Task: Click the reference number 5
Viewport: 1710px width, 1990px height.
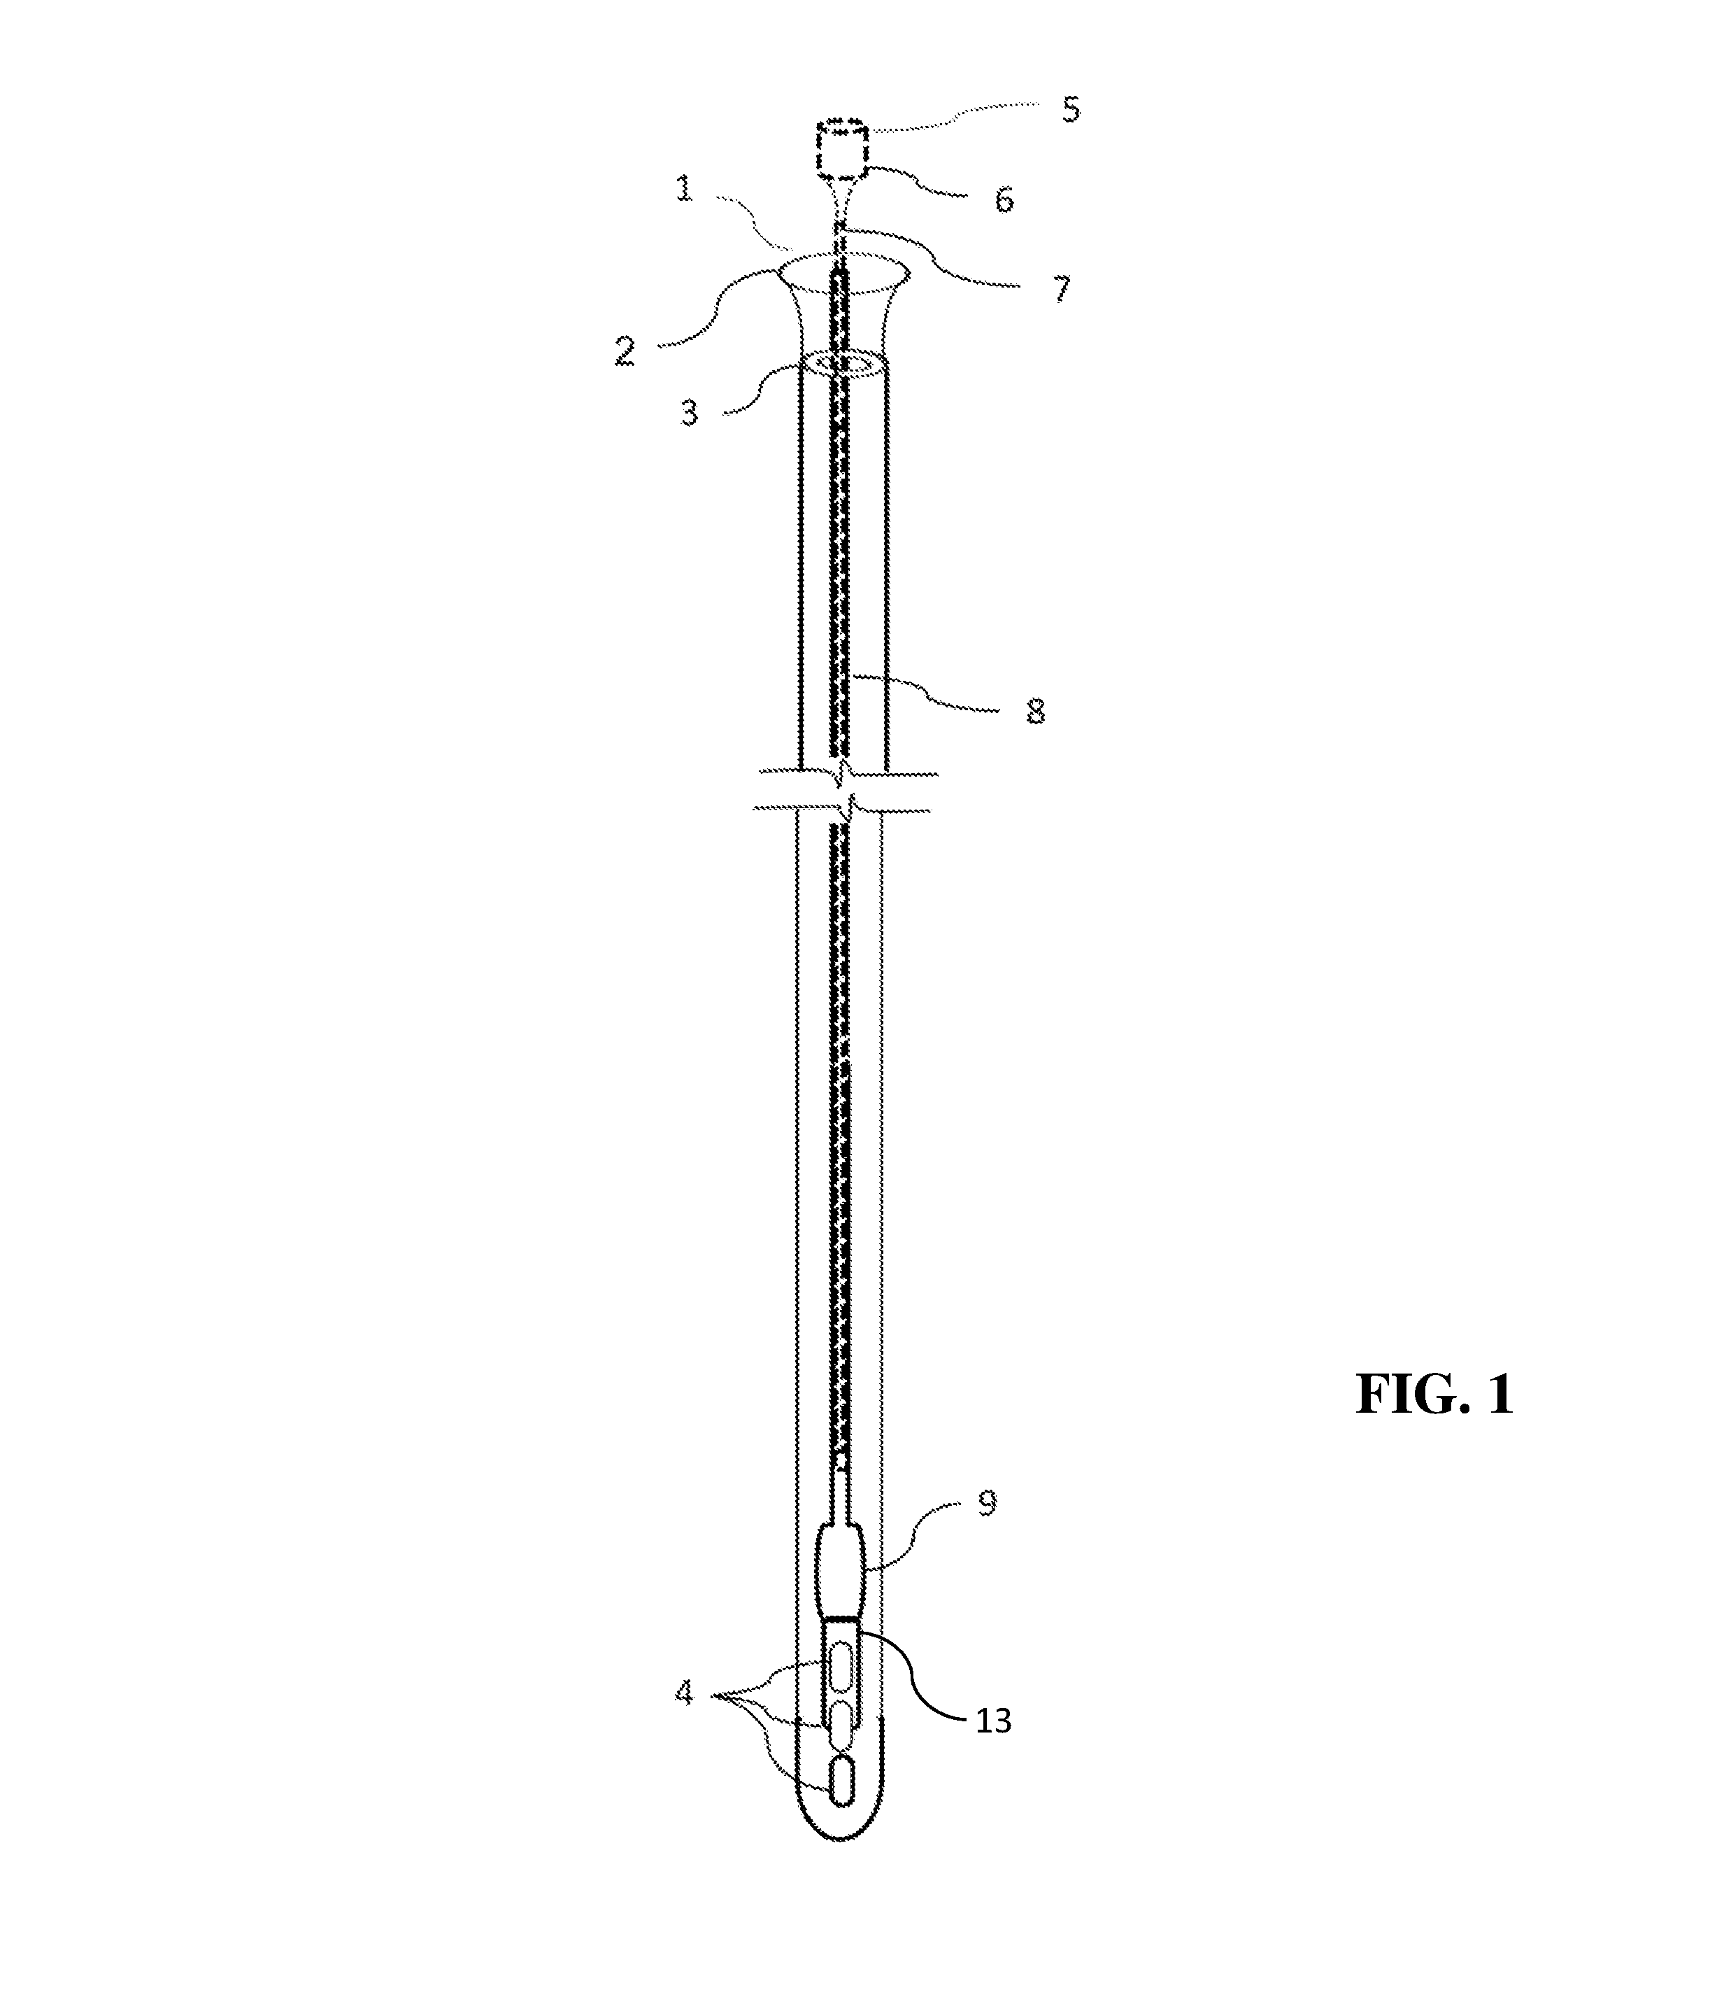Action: pyautogui.click(x=1071, y=109)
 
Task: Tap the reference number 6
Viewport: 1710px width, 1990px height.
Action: pyautogui.click(x=1004, y=199)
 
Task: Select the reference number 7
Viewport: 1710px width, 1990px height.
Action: pyautogui.click(x=1061, y=289)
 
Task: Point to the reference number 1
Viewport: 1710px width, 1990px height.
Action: pyautogui.click(x=683, y=189)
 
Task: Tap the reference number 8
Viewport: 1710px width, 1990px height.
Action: pyautogui.click(x=1035, y=712)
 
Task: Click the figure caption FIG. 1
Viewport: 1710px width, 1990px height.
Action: pyautogui.click(x=1434, y=1395)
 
